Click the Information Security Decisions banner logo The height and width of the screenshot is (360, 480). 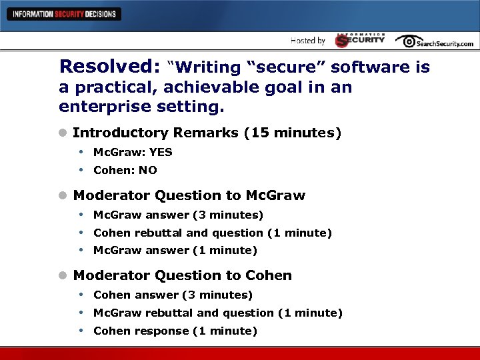[64, 14]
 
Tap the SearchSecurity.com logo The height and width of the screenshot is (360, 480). [434, 41]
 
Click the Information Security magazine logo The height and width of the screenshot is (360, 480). [360, 40]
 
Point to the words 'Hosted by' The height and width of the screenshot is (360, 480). [307, 41]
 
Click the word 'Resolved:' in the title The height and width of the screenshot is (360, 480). [109, 67]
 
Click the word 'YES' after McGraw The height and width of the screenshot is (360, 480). [161, 152]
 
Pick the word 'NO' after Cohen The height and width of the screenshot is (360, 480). [148, 170]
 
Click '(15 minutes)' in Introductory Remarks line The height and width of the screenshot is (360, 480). [293, 133]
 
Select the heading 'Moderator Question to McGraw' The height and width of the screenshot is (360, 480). [189, 195]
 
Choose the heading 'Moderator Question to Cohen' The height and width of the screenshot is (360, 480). [182, 275]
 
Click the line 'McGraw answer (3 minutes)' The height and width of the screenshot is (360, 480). [178, 215]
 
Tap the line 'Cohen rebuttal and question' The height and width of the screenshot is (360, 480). [212, 233]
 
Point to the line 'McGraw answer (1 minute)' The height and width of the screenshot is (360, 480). [175, 251]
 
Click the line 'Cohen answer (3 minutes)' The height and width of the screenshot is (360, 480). [173, 295]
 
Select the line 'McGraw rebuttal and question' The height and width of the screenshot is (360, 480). [217, 313]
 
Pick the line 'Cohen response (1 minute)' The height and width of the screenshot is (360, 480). [175, 331]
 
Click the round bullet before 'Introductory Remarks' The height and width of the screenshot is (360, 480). [63, 133]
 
